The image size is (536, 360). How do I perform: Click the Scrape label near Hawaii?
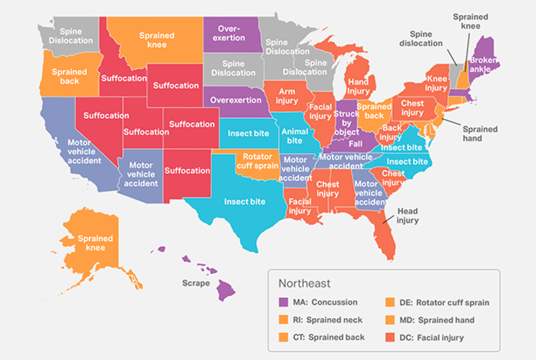coord(196,283)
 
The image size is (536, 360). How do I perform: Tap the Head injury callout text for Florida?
coord(407,216)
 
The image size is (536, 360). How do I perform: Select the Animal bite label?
coord(295,136)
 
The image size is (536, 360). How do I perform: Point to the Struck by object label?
coord(346,123)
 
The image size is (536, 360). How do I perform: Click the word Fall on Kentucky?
coord(355,144)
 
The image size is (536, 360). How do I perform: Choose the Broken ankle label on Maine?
coord(483,65)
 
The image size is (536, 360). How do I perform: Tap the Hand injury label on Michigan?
coord(358,87)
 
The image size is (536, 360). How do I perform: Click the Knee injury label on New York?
coord(436,83)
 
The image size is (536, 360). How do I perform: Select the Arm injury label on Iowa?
coord(287,96)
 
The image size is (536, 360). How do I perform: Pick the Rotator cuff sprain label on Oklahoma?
coord(257,161)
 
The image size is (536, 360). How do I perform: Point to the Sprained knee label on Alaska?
coord(95,243)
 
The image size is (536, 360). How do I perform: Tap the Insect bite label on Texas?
coord(245,201)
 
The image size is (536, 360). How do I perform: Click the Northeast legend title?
coord(305,283)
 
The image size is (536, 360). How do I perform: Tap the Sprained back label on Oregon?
coord(69,76)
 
